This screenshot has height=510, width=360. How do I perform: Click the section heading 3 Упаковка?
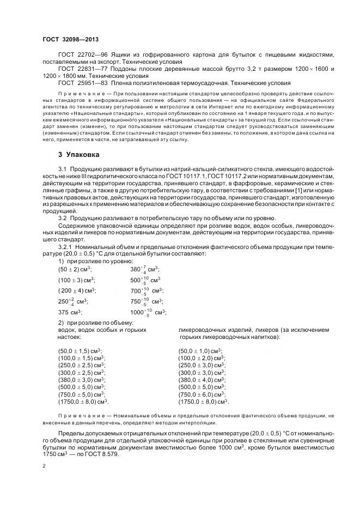click(81, 155)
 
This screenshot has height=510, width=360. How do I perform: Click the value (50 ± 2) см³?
click(75, 270)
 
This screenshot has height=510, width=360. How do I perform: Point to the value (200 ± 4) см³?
click(77, 290)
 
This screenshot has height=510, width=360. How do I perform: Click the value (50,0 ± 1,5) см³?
click(81, 351)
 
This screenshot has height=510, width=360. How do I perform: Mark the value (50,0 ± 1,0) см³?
click(200, 351)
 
